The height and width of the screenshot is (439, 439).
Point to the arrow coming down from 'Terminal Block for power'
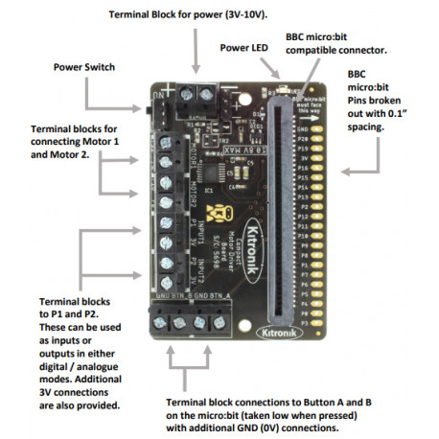[196, 58]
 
